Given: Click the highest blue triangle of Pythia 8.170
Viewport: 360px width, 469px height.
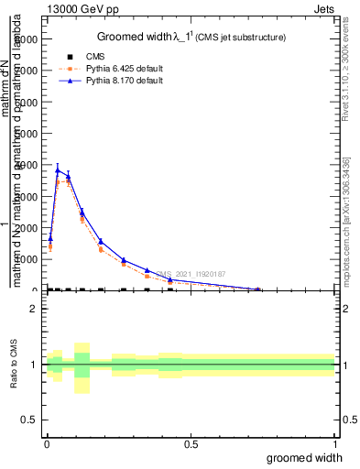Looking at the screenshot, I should point(58,170).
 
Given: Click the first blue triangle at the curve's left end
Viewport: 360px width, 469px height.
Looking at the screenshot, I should point(50,238).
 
